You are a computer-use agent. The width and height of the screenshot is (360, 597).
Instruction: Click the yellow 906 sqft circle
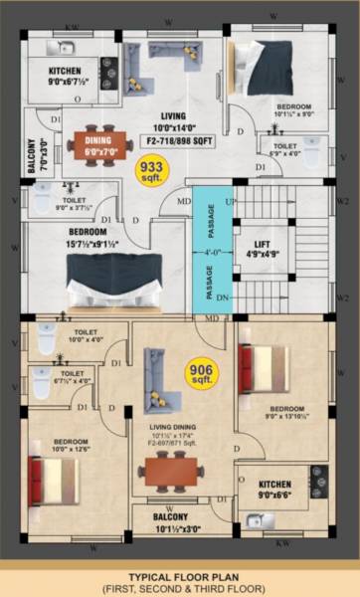click(x=202, y=376)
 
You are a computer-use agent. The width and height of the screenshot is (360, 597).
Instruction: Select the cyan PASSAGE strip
click(x=211, y=249)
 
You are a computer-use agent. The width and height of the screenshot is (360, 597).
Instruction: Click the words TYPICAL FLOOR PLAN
click(x=181, y=576)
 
